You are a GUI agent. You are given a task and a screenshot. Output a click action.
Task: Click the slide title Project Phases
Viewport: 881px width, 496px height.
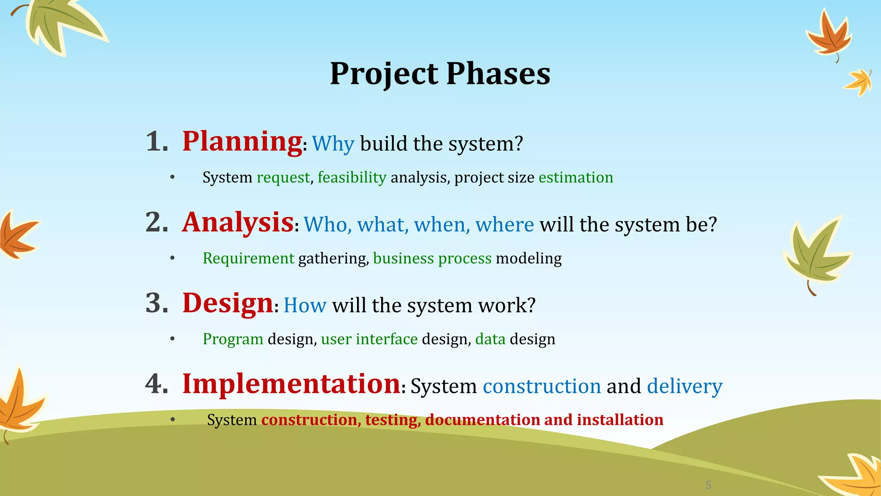click(440, 74)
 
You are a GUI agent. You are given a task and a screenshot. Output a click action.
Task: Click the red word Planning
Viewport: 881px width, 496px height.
click(242, 142)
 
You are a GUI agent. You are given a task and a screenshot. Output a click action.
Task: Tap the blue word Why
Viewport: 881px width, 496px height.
click(333, 144)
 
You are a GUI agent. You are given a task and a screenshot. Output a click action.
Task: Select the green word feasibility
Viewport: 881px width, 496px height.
click(352, 177)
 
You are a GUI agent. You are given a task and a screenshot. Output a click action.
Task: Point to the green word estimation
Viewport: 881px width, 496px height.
click(576, 177)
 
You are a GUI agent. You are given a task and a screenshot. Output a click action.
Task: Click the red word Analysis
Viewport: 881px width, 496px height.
click(238, 223)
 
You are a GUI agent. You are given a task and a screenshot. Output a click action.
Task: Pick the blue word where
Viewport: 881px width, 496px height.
click(505, 225)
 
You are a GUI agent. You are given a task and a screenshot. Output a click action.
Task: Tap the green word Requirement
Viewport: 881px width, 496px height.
click(248, 258)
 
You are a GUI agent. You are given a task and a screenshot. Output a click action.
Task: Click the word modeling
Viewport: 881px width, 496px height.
click(529, 258)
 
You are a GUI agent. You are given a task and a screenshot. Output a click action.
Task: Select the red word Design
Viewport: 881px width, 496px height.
click(228, 303)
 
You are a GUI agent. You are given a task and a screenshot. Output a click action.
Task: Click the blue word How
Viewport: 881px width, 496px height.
click(305, 306)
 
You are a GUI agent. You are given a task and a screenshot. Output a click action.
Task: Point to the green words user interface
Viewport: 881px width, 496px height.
click(369, 339)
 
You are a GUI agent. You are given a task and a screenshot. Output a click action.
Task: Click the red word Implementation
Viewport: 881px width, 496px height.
click(291, 384)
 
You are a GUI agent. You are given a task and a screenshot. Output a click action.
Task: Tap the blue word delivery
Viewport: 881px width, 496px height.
click(684, 386)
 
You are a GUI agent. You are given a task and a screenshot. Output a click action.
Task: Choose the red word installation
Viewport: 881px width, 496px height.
click(620, 420)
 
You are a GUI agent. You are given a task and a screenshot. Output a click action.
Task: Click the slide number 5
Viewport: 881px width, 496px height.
click(708, 485)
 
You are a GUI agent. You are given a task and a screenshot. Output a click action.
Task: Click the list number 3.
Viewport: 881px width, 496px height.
click(157, 303)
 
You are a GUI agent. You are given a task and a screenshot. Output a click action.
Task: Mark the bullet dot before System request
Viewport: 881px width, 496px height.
click(173, 177)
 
